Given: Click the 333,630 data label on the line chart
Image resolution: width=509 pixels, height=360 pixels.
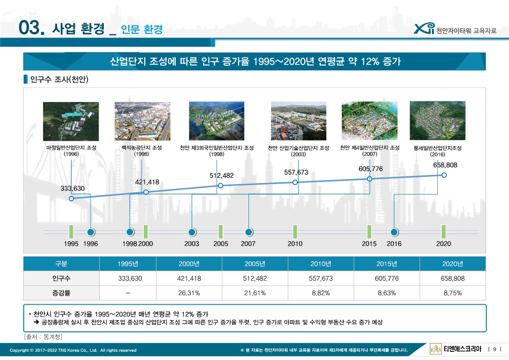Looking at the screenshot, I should point(73,189).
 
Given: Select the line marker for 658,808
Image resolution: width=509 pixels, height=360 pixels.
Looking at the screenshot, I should point(444,175).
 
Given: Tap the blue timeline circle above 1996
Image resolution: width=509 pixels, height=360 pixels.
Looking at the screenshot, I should point(91,232).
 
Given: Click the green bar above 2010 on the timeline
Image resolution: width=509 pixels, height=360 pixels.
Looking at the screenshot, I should point(295,232).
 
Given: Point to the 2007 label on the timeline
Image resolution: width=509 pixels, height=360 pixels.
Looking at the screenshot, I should point(248,244).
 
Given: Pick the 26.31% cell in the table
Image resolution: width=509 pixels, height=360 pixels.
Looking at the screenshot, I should point(189,293).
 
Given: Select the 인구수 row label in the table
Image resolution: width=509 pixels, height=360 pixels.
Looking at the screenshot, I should point(61,278).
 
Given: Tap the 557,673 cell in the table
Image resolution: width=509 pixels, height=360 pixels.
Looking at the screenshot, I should point(321,278).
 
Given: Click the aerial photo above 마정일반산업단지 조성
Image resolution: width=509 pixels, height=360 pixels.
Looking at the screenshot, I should point(71,121).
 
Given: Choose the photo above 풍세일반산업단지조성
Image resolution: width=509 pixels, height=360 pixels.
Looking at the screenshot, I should point(437,121).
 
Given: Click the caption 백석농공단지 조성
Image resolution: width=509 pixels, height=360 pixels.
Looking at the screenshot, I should point(141,148).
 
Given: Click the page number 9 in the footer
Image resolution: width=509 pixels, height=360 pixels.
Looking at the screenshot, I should point(494,349).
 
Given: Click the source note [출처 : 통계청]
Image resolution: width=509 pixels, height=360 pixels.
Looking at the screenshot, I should point(43,336).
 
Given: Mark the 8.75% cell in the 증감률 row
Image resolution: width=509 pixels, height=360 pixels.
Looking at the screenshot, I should point(452,293).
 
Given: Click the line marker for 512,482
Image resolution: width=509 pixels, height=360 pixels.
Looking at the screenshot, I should point(220,185).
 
